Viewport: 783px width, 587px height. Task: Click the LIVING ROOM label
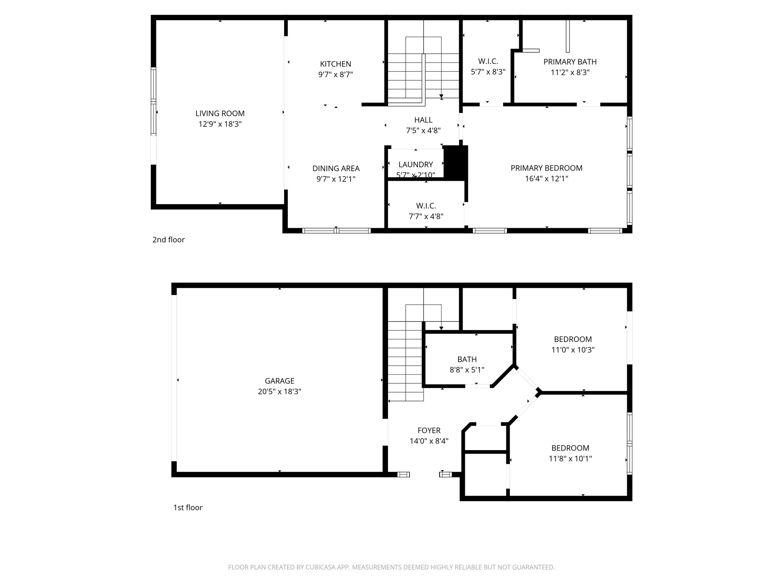coord(220,114)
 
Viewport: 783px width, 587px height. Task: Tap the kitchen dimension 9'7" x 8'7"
coord(335,75)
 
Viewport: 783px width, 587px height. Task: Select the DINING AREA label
coord(336,168)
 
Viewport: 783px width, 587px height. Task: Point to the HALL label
coord(423,120)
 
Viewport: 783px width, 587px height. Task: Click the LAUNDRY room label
coord(416,164)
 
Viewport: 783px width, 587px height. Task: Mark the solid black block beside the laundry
coord(456,162)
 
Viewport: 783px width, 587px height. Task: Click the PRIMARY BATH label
coord(570,62)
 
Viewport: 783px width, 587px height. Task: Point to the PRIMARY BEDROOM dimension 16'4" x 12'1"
coord(546,178)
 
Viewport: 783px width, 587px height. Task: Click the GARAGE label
coord(279,381)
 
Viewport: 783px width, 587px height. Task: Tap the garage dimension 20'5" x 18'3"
coord(279,391)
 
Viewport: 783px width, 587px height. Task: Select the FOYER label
coord(429,430)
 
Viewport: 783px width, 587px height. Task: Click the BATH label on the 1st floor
coord(467,359)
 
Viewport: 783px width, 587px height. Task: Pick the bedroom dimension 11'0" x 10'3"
coord(573,350)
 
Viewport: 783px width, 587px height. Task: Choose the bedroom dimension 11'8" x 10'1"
coord(570,459)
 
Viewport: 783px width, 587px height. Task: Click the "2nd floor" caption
coord(168,240)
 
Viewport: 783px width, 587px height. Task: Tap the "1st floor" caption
coord(188,508)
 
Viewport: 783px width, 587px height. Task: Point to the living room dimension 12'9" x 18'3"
coord(220,124)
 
